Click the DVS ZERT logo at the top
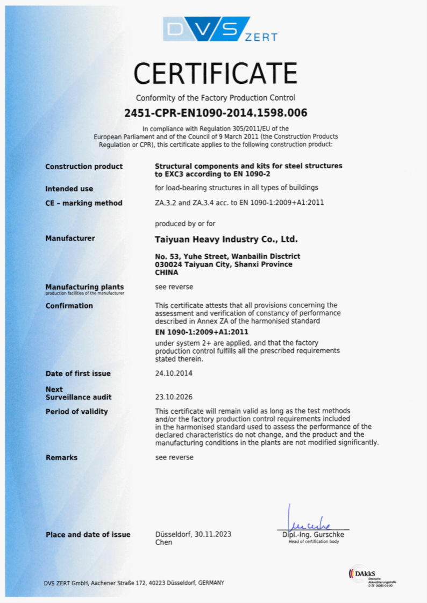[x=220, y=30]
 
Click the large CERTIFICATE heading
[x=215, y=74]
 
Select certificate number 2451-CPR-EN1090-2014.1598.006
[x=216, y=113]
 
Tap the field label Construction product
[x=84, y=167]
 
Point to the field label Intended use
[x=69, y=189]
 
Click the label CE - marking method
[x=84, y=203]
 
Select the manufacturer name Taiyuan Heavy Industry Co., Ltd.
[x=226, y=239]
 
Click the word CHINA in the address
[x=166, y=272]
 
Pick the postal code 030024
[x=168, y=264]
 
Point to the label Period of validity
[x=77, y=412]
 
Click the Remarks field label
[x=62, y=457]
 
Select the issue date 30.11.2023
[x=211, y=534]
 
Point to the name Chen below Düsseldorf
[x=163, y=542]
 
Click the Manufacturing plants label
[x=84, y=287]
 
